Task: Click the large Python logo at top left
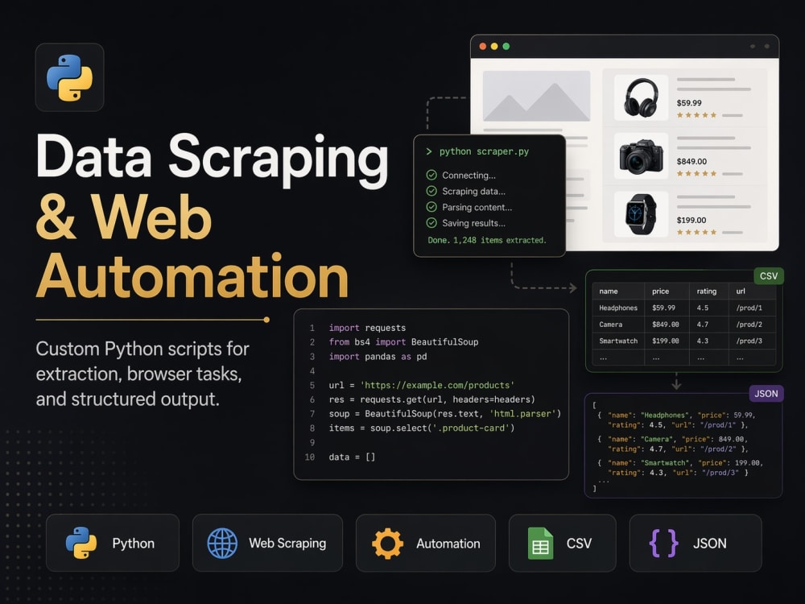[x=70, y=77]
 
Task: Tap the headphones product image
[x=642, y=97]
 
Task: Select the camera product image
[x=642, y=156]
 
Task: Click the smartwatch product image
[x=641, y=214]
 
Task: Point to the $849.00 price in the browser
[x=691, y=161]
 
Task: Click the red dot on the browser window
[x=482, y=46]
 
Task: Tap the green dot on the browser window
[x=506, y=46]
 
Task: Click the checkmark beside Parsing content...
[x=431, y=207]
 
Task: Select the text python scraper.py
[x=484, y=151]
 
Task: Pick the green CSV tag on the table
[x=769, y=275]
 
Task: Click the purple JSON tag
[x=766, y=394]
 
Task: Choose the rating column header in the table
[x=707, y=292]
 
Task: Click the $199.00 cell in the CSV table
[x=666, y=341]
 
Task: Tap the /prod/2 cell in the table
[x=749, y=325]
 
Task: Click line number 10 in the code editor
[x=310, y=457]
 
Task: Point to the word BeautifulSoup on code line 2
[x=444, y=342]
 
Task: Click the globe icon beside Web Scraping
[x=222, y=544]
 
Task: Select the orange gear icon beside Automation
[x=388, y=544]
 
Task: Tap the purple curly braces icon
[x=664, y=544]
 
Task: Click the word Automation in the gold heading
[x=192, y=276]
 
